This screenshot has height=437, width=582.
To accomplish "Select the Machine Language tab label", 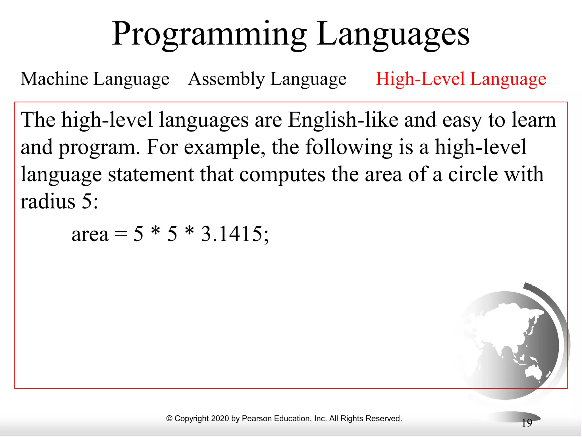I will pos(95,79).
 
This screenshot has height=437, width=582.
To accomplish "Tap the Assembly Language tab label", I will pos(267,79).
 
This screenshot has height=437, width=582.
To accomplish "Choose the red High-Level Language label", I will pos(461,79).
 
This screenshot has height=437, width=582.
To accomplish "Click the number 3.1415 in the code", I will pos(231,234).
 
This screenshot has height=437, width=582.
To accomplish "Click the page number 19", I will pos(527,423).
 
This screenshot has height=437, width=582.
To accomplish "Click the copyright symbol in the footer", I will pos(169,419).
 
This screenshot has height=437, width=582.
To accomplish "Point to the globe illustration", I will pos(509,344).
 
